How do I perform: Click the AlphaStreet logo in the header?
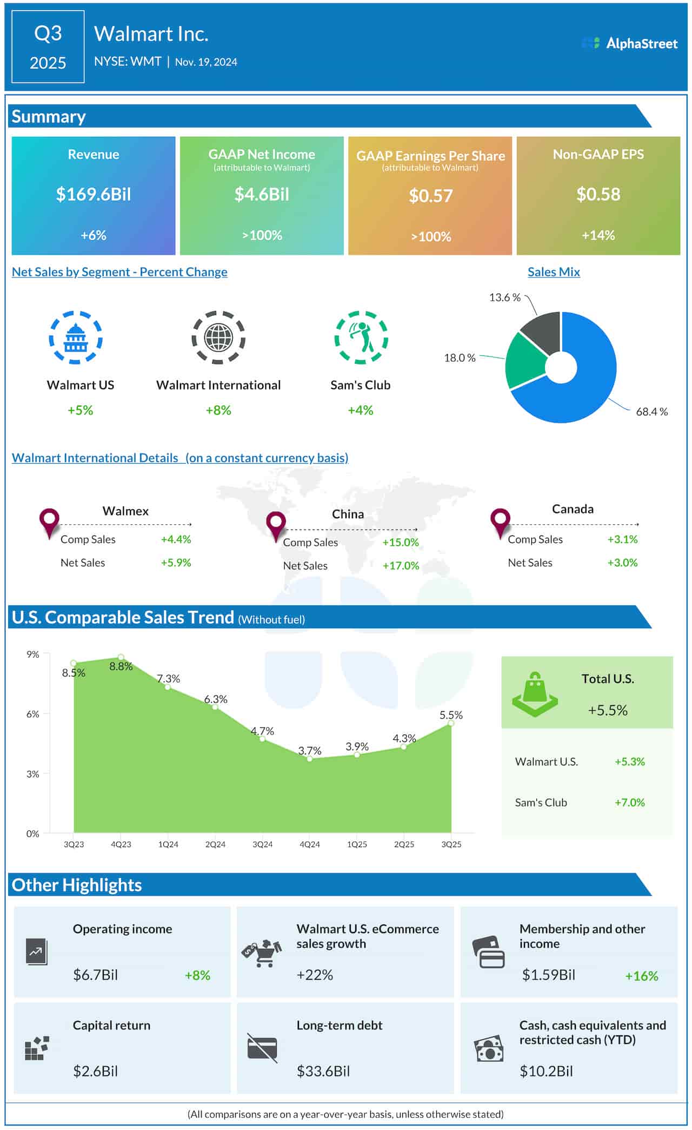[629, 43]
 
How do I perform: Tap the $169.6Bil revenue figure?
[94, 194]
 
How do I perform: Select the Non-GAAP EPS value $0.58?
[598, 194]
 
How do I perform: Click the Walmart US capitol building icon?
[76, 338]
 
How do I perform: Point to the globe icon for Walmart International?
[218, 338]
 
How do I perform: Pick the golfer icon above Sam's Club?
[361, 338]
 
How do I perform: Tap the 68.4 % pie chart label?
[651, 412]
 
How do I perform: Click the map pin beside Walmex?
[49, 521]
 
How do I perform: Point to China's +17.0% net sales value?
[401, 566]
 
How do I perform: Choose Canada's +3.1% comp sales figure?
[622, 539]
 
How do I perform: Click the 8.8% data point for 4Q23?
[121, 658]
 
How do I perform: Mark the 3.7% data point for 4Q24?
[310, 758]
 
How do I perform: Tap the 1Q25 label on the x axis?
[357, 844]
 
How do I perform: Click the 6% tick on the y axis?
[33, 714]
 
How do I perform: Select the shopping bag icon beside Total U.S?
[535, 695]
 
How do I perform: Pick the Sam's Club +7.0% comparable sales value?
[629, 803]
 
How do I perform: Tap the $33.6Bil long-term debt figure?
[323, 1071]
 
